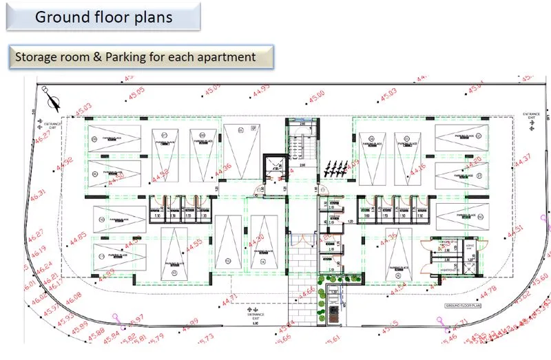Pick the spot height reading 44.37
click(x=523, y=160)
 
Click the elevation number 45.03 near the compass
click(x=83, y=111)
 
